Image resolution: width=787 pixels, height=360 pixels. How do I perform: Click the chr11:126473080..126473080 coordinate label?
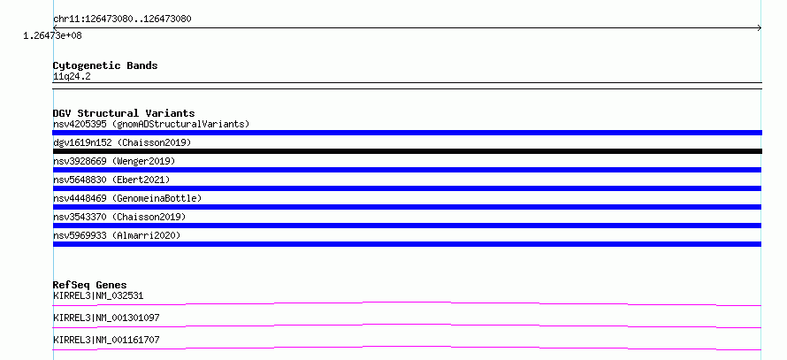[122, 19]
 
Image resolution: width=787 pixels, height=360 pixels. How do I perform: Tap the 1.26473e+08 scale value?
[53, 36]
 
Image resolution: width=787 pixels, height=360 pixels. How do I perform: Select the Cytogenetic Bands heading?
[105, 65]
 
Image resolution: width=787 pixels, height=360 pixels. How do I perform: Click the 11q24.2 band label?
[72, 77]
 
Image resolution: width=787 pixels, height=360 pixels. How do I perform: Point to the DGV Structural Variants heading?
[124, 113]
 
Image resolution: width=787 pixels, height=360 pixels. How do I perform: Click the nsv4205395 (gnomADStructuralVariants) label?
[151, 124]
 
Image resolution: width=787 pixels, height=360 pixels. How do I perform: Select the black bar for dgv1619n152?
[407, 151]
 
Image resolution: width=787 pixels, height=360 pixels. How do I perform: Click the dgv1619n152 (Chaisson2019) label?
[122, 142]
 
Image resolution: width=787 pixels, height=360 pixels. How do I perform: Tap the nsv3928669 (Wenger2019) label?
[114, 161]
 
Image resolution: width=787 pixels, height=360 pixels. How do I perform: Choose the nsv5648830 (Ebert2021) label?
[111, 180]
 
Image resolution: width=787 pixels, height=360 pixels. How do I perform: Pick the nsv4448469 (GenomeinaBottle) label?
[127, 198]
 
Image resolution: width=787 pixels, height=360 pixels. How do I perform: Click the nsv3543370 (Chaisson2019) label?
[119, 217]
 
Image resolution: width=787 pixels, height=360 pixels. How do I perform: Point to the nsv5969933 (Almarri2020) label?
[117, 235]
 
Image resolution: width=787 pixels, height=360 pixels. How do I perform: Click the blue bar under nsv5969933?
[407, 244]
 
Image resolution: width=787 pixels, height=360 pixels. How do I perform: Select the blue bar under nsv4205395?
[407, 133]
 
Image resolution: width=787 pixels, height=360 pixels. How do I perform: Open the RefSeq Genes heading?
[90, 285]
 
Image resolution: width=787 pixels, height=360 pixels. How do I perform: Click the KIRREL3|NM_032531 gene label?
[98, 295]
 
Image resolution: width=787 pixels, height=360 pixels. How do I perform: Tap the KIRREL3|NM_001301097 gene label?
[106, 318]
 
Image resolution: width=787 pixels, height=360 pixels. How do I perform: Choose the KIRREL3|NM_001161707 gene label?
[106, 340]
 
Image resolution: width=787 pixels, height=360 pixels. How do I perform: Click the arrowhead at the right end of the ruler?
[760, 28]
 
